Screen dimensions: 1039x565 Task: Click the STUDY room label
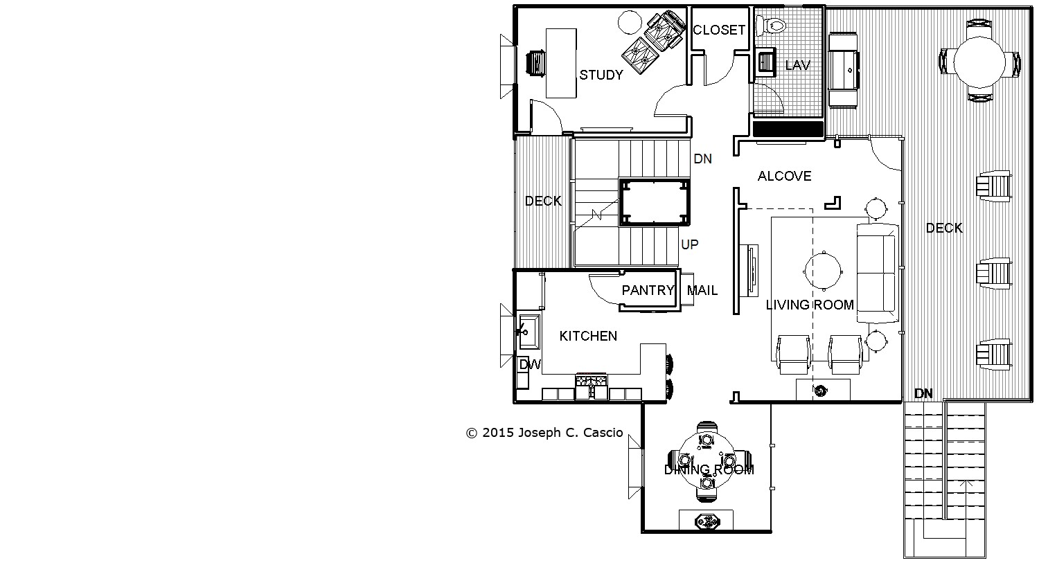point(601,75)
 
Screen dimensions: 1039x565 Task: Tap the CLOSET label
point(719,30)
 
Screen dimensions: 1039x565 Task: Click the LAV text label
point(798,65)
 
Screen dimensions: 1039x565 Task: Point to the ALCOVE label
point(784,176)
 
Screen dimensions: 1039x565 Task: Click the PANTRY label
point(648,291)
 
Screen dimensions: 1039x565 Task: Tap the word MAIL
point(702,291)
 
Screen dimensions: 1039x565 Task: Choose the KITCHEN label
point(588,336)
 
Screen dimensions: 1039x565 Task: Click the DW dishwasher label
point(530,365)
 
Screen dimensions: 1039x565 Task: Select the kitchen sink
point(529,332)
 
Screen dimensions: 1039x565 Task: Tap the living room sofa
point(878,273)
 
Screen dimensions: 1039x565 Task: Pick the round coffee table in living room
point(824,271)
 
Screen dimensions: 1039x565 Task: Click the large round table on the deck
point(979,62)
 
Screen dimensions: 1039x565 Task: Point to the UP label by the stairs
point(690,244)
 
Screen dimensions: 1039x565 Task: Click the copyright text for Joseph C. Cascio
point(544,433)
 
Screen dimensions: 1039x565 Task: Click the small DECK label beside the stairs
point(543,201)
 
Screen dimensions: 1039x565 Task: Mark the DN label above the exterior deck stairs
point(923,394)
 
